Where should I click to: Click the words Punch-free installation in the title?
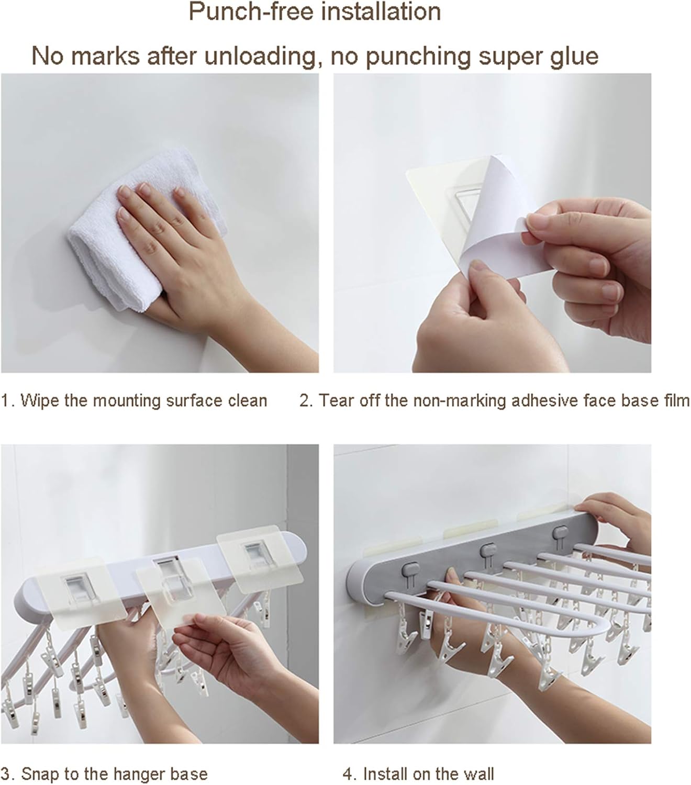coord(315,12)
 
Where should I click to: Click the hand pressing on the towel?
coord(157,230)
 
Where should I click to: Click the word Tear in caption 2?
coord(337,401)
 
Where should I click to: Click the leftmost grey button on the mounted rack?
coord(409,568)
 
